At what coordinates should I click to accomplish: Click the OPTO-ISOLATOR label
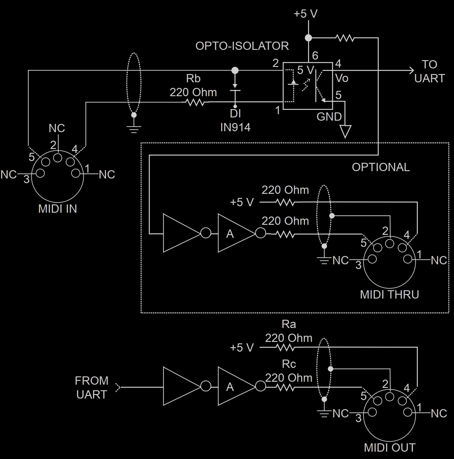pyautogui.click(x=242, y=46)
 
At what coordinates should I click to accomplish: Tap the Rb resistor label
pyautogui.click(x=193, y=78)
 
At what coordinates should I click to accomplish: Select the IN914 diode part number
pyautogui.click(x=235, y=127)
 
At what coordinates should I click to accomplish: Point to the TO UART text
pyautogui.click(x=429, y=71)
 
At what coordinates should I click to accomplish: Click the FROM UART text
pyautogui.click(x=91, y=387)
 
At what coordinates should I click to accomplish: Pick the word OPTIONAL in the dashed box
pyautogui.click(x=381, y=167)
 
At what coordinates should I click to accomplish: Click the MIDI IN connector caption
pyautogui.click(x=57, y=209)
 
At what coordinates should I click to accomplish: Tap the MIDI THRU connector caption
pyautogui.click(x=389, y=294)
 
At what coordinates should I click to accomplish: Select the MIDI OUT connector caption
pyautogui.click(x=389, y=447)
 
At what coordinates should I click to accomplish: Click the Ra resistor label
pyautogui.click(x=289, y=324)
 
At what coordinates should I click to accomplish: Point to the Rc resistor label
pyautogui.click(x=289, y=364)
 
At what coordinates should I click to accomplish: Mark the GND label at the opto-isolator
pyautogui.click(x=329, y=117)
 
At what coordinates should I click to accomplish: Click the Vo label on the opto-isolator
pyautogui.click(x=342, y=78)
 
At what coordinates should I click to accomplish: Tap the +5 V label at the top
pyautogui.click(x=305, y=14)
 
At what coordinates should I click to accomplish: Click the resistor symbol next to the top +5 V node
pyautogui.click(x=345, y=38)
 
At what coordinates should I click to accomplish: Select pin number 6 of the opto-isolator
pyautogui.click(x=315, y=55)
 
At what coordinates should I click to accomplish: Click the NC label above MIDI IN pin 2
pyautogui.click(x=57, y=128)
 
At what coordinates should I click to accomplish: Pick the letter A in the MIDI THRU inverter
pyautogui.click(x=230, y=234)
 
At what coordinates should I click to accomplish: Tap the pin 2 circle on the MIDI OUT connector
pyautogui.click(x=390, y=397)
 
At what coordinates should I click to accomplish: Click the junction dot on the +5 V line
pyautogui.click(x=308, y=38)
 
